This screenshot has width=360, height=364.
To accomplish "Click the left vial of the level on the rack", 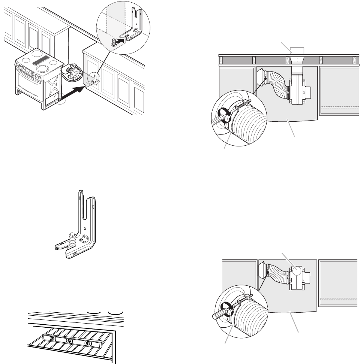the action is point(53,339).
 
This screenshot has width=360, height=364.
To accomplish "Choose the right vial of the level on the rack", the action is point(88,344).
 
